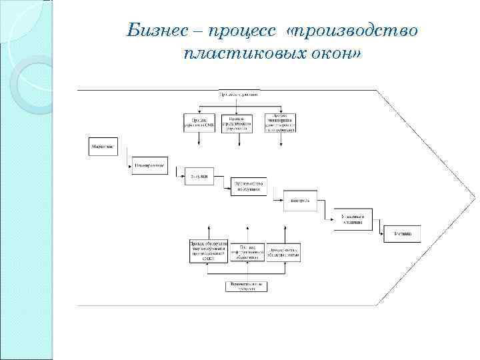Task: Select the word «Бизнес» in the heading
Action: [x=161, y=31]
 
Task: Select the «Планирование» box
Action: [x=149, y=165]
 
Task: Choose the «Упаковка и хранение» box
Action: [x=353, y=219]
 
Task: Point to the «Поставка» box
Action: [x=402, y=234]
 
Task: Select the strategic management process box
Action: [x=238, y=123]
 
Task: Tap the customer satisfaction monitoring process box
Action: [x=280, y=123]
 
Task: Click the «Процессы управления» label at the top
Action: [x=239, y=94]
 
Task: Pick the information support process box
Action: [x=248, y=252]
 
